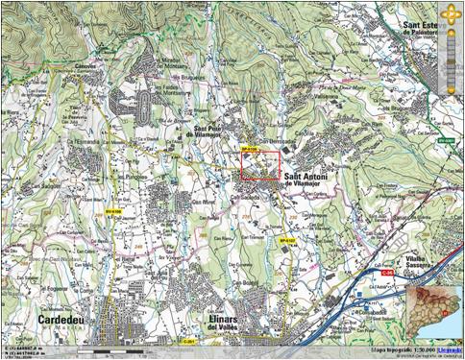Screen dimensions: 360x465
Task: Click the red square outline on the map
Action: point(258,164)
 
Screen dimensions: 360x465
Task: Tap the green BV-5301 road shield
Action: point(445,141)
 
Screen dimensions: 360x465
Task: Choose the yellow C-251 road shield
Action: point(189,340)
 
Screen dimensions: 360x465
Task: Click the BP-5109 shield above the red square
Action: point(250,149)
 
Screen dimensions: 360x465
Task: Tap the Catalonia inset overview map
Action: point(433,313)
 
